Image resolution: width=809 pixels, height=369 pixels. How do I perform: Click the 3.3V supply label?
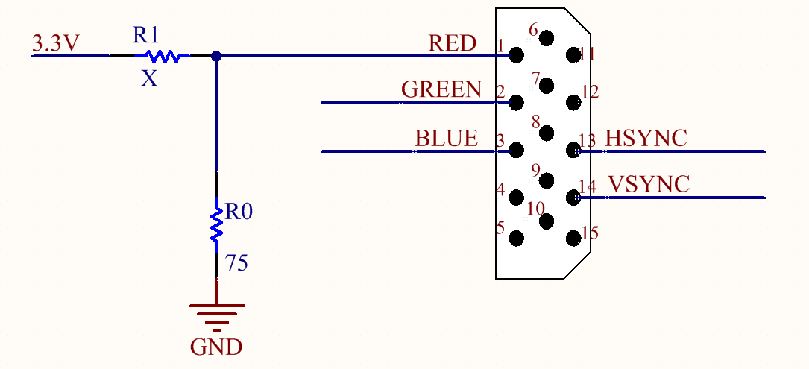pyautogui.click(x=56, y=43)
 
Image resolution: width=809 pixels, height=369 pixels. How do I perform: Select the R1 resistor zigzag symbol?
pyautogui.click(x=162, y=56)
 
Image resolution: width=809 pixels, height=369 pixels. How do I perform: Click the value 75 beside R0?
pyautogui.click(x=237, y=263)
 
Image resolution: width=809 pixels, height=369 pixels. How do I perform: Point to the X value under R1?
pyautogui.click(x=149, y=79)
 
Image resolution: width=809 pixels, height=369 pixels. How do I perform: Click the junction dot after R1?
pyautogui.click(x=216, y=56)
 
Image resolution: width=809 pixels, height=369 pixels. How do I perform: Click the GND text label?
pyautogui.click(x=217, y=347)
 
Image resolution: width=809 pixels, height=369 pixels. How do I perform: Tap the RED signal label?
pyautogui.click(x=453, y=43)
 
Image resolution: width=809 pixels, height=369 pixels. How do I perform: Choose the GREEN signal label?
pyautogui.click(x=441, y=89)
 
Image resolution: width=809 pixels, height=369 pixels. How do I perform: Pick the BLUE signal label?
pyautogui.click(x=447, y=139)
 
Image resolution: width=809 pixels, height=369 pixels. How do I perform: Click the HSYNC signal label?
pyautogui.click(x=646, y=139)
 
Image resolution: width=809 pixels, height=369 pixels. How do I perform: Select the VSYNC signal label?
pyautogui.click(x=649, y=184)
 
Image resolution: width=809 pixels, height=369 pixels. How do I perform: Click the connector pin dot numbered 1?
pyautogui.click(x=516, y=54)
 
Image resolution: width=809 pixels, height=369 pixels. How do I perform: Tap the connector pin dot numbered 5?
pyautogui.click(x=516, y=238)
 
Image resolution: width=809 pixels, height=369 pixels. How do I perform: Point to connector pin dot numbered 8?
pyautogui.click(x=546, y=133)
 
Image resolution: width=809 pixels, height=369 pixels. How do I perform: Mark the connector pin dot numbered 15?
pyautogui.click(x=573, y=238)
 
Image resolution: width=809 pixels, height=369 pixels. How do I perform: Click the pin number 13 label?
pyautogui.click(x=587, y=140)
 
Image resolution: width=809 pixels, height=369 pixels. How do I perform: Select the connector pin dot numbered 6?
pyautogui.click(x=546, y=38)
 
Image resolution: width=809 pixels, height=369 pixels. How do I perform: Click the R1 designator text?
pyautogui.click(x=145, y=34)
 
